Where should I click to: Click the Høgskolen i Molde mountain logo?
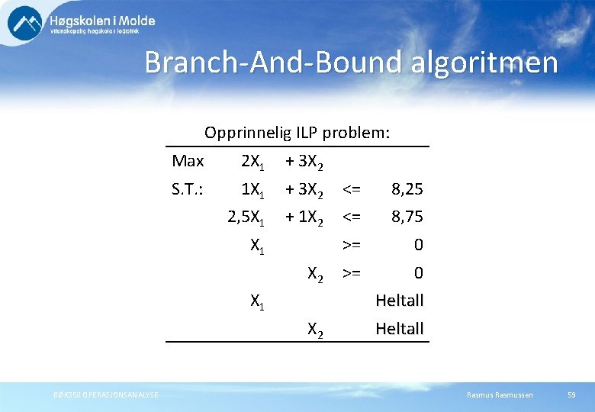coord(25,23)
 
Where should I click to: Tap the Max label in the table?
coord(188,161)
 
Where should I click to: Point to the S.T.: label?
coord(188,189)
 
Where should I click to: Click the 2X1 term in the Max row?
coord(252,162)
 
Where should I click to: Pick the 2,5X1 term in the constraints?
coord(246,218)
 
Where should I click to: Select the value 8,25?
coord(407,189)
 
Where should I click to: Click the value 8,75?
coord(407,217)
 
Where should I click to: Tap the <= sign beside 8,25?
coord(352,189)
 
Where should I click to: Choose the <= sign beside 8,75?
coord(352,217)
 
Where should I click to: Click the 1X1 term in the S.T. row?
coord(252,190)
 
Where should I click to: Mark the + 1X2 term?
coord(304,218)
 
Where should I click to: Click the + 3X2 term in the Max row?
coord(304,162)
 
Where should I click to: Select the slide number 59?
coord(571,394)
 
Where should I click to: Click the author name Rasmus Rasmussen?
coord(500,394)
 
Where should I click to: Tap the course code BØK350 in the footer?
coord(66,394)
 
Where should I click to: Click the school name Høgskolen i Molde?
coord(102,21)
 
